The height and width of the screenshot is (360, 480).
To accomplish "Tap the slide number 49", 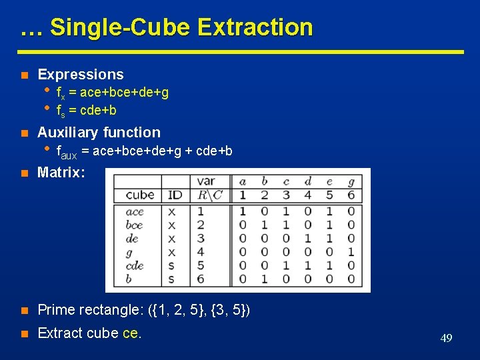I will (x=446, y=339).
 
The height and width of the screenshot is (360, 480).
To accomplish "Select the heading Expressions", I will (x=81, y=75).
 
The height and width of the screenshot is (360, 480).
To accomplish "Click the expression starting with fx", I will (x=112, y=93).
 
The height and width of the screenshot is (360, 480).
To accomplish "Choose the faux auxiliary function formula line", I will (x=144, y=151).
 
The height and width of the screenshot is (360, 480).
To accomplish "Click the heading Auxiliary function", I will (x=99, y=133).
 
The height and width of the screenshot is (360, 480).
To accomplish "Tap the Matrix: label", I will (x=61, y=173).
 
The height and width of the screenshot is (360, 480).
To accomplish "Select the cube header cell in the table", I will (x=139, y=195).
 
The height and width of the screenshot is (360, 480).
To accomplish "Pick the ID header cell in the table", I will (x=175, y=195).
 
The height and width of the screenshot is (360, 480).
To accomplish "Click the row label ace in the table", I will (x=134, y=211).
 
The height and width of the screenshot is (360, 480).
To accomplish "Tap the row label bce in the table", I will (x=134, y=225).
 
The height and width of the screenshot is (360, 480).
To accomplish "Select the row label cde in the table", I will (x=134, y=265).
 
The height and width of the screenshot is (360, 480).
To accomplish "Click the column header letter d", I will (x=307, y=181).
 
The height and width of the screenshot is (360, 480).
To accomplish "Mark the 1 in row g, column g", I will (x=351, y=252).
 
